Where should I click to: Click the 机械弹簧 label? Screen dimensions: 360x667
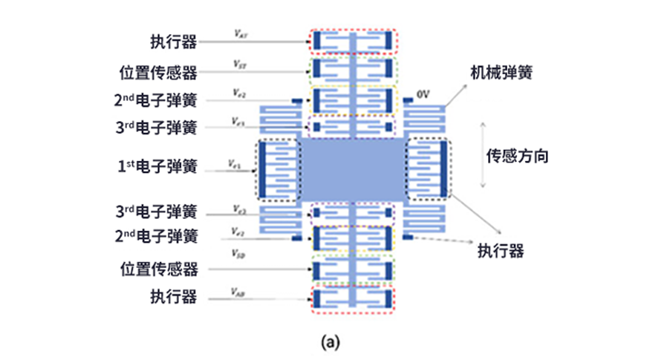pyautogui.click(x=501, y=73)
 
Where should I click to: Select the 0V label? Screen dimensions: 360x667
pyautogui.click(x=424, y=95)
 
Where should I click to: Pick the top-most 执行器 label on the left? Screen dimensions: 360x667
pyautogui.click(x=172, y=42)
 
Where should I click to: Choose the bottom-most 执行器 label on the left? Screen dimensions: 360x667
pyautogui.click(x=172, y=297)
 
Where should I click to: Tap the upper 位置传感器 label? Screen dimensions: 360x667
pyautogui.click(x=157, y=73)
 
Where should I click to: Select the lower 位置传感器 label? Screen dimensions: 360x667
pyautogui.click(x=157, y=267)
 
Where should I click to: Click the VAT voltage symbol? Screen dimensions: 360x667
pyautogui.click(x=239, y=33)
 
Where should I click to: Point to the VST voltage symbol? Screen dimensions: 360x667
pyautogui.click(x=239, y=65)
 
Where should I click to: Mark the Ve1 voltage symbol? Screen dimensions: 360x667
pyautogui.click(x=235, y=163)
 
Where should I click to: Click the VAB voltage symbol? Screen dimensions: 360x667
pyautogui.click(x=238, y=291)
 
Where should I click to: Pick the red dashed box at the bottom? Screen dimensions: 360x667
pyautogui.click(x=353, y=299)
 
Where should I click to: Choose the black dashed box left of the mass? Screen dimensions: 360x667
pyautogui.click(x=277, y=169)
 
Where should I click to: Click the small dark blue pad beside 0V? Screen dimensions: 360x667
pyautogui.click(x=408, y=100)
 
